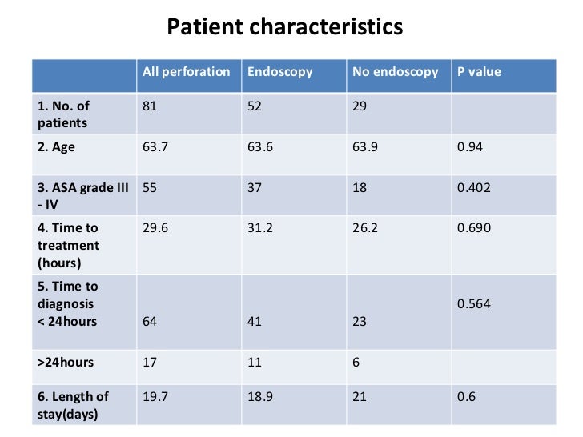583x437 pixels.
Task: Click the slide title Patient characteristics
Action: pos(284,27)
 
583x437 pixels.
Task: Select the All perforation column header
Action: pos(186,72)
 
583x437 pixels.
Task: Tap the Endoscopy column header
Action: pos(279,72)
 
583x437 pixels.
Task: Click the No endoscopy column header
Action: pos(395,72)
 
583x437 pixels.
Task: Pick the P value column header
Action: pos(478,72)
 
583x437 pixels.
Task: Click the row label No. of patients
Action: pos(63,114)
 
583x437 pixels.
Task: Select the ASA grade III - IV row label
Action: pos(82,195)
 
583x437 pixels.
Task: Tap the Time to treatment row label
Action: pos(68,246)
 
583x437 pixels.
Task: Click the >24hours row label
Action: pos(66,363)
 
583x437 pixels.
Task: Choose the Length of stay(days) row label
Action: pos(73,405)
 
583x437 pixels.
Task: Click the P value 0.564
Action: pos(473,304)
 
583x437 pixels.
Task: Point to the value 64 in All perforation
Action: pos(150,322)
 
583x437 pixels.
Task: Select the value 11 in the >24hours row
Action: pos(255,363)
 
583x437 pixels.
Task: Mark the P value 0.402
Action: pos(473,187)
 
